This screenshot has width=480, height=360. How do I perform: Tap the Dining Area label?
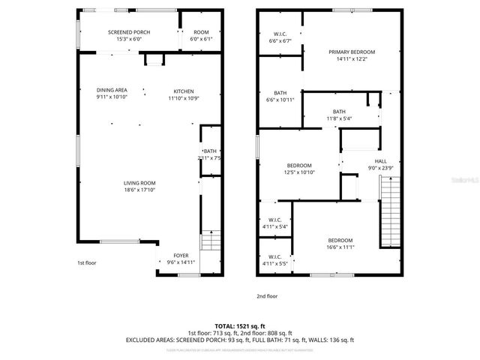coord(112,90)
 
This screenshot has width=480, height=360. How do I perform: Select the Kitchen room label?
coord(184,90)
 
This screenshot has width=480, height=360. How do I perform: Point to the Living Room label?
coord(139,183)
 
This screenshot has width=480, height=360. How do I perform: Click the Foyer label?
coord(181,255)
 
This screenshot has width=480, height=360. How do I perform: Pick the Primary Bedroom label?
coord(351,52)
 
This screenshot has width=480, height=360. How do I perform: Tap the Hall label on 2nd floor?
coord(381,161)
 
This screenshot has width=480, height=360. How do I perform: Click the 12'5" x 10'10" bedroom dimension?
coord(300,172)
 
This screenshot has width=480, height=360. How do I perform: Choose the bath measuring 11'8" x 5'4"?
coord(339,118)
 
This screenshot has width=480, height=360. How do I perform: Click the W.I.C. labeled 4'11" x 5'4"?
coord(274,223)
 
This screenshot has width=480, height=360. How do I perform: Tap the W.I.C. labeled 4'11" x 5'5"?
coord(274,259)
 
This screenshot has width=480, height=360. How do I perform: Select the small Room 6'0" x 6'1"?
coord(201,36)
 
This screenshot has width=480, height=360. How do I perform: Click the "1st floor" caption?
coord(87,263)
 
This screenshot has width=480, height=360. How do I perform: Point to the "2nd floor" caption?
coord(267,296)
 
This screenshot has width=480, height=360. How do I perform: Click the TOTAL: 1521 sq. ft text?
coord(239,326)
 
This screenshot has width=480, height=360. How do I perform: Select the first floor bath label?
coord(209,154)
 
